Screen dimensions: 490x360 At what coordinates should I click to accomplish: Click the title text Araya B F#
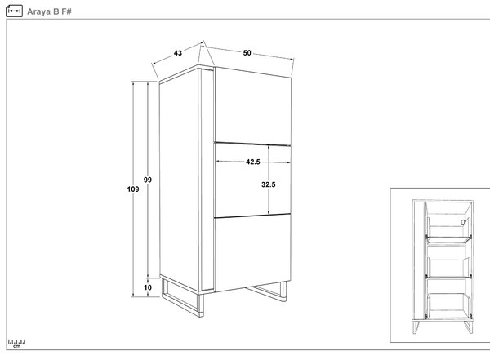49,11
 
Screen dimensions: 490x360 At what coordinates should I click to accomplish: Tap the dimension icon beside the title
14,11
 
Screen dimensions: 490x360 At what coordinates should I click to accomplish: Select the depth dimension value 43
178,53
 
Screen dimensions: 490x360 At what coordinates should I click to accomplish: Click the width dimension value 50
247,53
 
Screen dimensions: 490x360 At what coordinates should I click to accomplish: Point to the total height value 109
133,189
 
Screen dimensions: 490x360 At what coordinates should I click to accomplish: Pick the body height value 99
148,180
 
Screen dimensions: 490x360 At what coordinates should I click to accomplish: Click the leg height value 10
148,287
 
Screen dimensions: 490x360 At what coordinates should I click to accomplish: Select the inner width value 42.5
253,162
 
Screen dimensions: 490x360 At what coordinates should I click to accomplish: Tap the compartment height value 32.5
269,184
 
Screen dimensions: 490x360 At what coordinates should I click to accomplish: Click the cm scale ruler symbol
16,344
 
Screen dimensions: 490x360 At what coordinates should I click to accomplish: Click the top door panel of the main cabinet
252,106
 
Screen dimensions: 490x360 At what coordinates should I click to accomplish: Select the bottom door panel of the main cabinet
252,252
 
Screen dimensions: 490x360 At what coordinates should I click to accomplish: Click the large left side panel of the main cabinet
179,180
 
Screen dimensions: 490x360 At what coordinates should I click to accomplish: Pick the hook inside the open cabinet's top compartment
463,221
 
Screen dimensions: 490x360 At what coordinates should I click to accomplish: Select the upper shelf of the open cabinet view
448,240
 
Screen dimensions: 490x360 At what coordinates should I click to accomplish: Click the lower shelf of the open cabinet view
448,277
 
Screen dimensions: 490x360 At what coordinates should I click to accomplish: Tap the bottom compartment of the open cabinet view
448,299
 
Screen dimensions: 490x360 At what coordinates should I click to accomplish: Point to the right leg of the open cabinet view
469,327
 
